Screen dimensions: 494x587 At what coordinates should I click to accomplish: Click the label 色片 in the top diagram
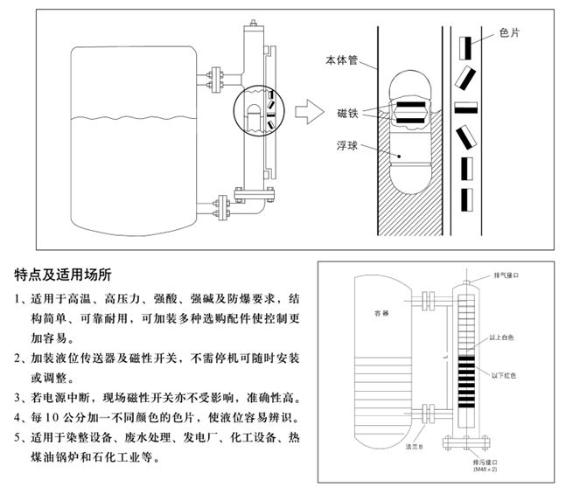[509, 32]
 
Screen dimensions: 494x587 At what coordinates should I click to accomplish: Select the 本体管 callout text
[339, 61]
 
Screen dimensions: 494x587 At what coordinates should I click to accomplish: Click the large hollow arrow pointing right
[305, 112]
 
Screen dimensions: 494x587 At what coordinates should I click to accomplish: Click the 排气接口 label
[511, 275]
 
